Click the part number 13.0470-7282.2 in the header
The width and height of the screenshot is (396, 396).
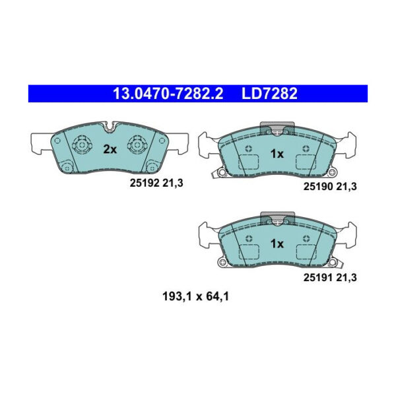168,94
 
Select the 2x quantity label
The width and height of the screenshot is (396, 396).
109,150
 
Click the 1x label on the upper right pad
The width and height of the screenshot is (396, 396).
277,154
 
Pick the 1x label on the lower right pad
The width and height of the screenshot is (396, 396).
277,244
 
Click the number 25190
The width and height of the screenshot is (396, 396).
316,187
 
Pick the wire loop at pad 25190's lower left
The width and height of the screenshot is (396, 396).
220,173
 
